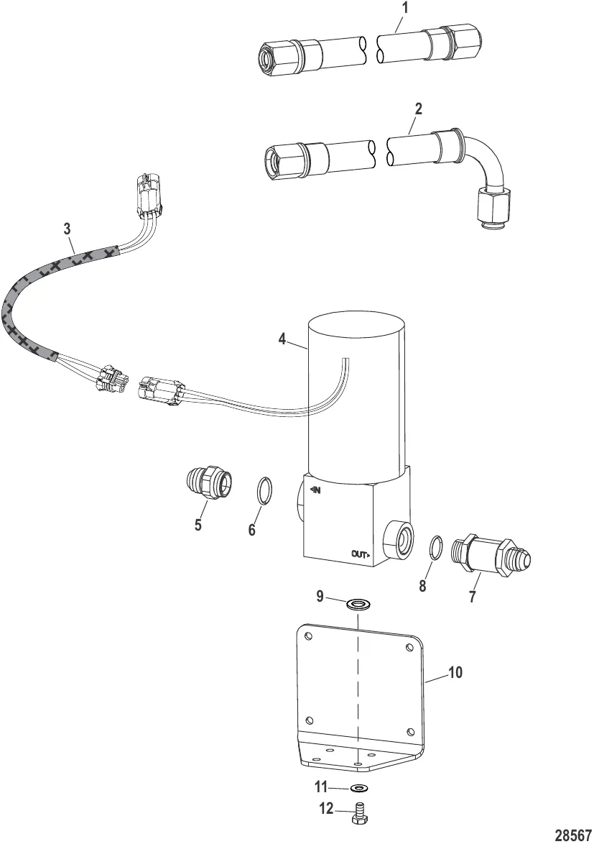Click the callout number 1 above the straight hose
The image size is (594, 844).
pyautogui.click(x=405, y=8)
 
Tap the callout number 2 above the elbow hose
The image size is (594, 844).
pyautogui.click(x=418, y=109)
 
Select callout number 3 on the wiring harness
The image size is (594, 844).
pyautogui.click(x=67, y=229)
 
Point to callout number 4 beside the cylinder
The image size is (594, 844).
pyautogui.click(x=282, y=339)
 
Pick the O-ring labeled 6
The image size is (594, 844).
pyautogui.click(x=262, y=491)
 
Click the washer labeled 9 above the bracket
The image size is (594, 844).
pyautogui.click(x=358, y=603)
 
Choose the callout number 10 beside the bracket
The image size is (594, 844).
pyautogui.click(x=455, y=672)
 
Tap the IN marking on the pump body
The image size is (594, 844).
pyautogui.click(x=315, y=490)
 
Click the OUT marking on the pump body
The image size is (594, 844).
pyautogui.click(x=361, y=554)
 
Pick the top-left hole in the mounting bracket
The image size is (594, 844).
pyautogui.click(x=307, y=637)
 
